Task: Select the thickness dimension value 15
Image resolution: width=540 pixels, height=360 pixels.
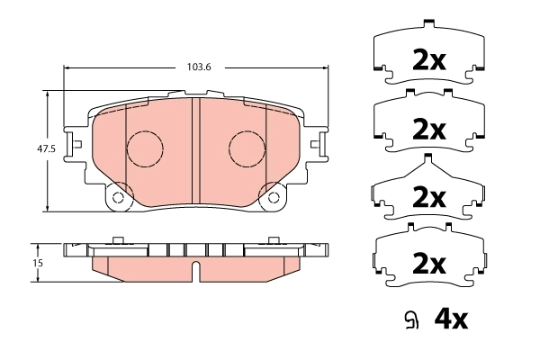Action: click(37, 263)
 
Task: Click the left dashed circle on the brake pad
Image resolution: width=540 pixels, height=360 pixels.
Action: click(143, 148)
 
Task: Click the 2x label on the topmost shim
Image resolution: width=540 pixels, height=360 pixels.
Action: click(428, 60)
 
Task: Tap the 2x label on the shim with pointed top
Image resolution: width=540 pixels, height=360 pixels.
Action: click(428, 196)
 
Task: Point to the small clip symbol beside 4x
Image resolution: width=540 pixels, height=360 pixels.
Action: click(411, 319)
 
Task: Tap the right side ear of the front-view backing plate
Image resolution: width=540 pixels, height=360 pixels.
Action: click(318, 143)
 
